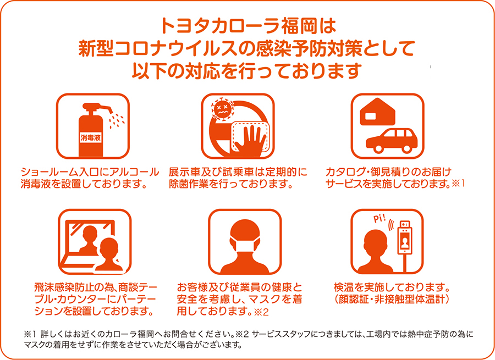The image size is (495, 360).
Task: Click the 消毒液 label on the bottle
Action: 90,138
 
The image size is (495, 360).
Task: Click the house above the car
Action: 377,112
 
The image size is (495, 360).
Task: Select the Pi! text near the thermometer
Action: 379,219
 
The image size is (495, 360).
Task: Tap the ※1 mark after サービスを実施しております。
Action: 458,184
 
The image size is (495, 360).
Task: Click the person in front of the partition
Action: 109,254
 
